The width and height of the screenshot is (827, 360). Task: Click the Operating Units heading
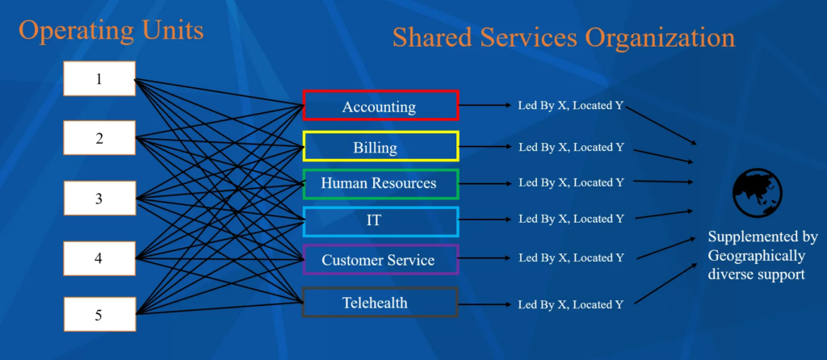pos(111,31)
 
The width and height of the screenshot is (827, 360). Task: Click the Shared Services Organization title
pos(564,37)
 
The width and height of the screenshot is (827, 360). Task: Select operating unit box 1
pos(99,79)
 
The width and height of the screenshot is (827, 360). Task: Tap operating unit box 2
pos(99,138)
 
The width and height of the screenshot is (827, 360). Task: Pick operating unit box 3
pos(99,198)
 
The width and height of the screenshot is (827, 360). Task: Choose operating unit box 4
pos(99,257)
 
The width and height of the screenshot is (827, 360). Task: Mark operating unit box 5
pos(99,314)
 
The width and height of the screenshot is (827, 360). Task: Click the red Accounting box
pos(380,107)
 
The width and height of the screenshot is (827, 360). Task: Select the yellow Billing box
pos(380,147)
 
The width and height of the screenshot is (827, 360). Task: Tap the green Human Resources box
pos(380,183)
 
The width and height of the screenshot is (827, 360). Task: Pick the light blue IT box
pos(380,220)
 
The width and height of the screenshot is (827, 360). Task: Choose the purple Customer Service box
pos(380,260)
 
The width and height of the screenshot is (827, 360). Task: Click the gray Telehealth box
pos(380,303)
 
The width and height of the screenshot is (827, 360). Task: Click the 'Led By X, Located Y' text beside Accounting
pos(570,107)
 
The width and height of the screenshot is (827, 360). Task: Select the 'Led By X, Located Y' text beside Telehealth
pos(570,304)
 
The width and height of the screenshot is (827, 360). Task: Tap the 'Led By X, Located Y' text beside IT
pos(570,219)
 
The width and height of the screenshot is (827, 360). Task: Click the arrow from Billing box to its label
pos(485,147)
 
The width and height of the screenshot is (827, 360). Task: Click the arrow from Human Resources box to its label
pos(485,183)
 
